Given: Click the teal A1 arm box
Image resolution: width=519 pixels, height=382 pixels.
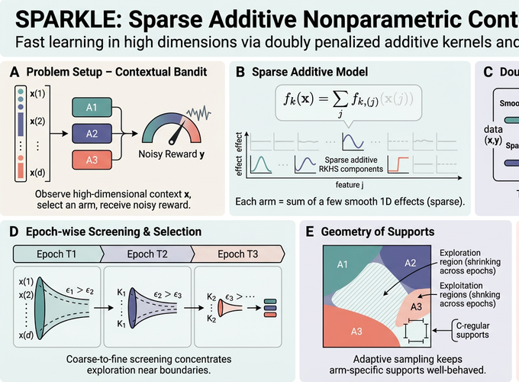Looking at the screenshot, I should [x=90, y=107].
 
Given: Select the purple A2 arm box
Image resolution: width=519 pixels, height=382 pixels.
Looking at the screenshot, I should [x=90, y=134].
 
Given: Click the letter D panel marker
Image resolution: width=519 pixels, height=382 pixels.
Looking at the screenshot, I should [x=15, y=231].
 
